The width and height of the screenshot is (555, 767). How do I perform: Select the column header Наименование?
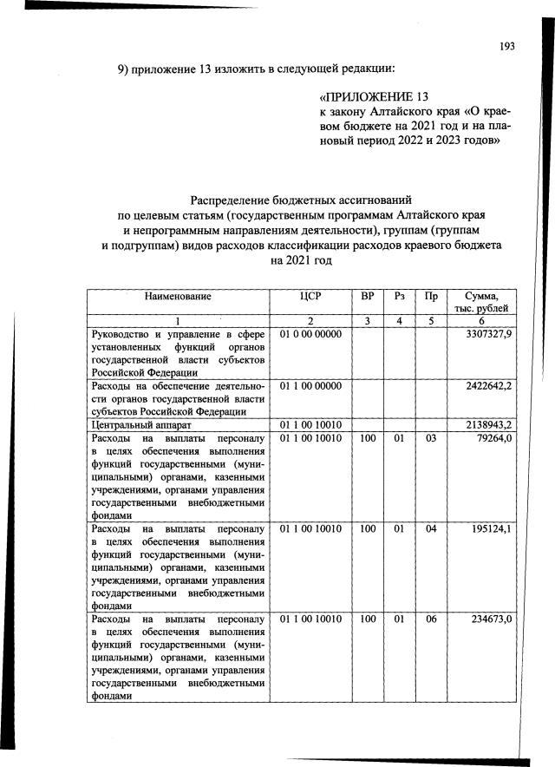tap(178, 296)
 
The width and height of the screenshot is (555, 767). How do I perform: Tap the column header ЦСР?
tap(310, 296)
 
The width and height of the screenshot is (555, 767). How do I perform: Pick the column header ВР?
tap(368, 296)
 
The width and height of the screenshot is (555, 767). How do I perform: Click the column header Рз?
tap(400, 296)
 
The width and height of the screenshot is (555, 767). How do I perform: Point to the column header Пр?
tap(430, 296)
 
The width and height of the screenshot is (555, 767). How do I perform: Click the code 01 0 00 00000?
tap(310, 334)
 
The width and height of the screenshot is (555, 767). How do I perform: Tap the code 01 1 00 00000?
tap(310, 384)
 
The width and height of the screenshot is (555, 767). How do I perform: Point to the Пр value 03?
tap(430, 439)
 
